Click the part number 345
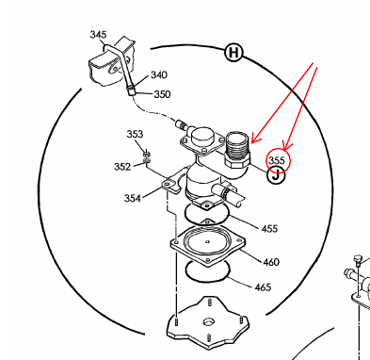98,35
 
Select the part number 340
159,75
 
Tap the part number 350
162,94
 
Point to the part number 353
135,134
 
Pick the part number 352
122,167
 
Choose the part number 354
133,198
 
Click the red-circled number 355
277,160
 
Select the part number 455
269,228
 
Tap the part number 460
271,262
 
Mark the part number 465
263,287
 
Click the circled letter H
233,53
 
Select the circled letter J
276,175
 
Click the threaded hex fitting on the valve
237,150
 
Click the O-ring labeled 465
208,279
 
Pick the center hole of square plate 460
207,241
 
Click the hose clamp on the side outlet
227,190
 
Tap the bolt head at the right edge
357,258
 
